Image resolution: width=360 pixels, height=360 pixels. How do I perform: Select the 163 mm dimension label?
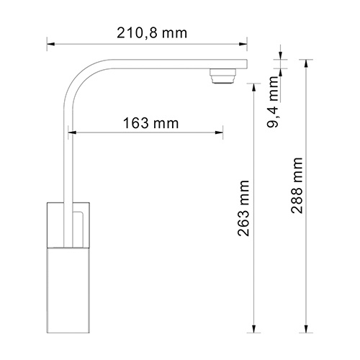pos(147,122)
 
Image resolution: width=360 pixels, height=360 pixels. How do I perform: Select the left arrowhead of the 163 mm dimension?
pos(72,132)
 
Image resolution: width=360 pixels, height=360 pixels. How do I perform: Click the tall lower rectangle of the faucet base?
pos(68,288)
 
